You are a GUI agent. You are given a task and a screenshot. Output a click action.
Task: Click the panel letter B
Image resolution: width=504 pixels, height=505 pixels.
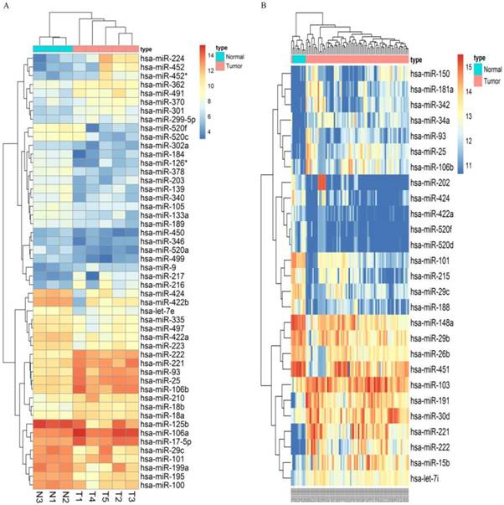click(x=265, y=7)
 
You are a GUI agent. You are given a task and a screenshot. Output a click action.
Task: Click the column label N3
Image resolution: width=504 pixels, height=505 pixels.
click(x=39, y=496)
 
